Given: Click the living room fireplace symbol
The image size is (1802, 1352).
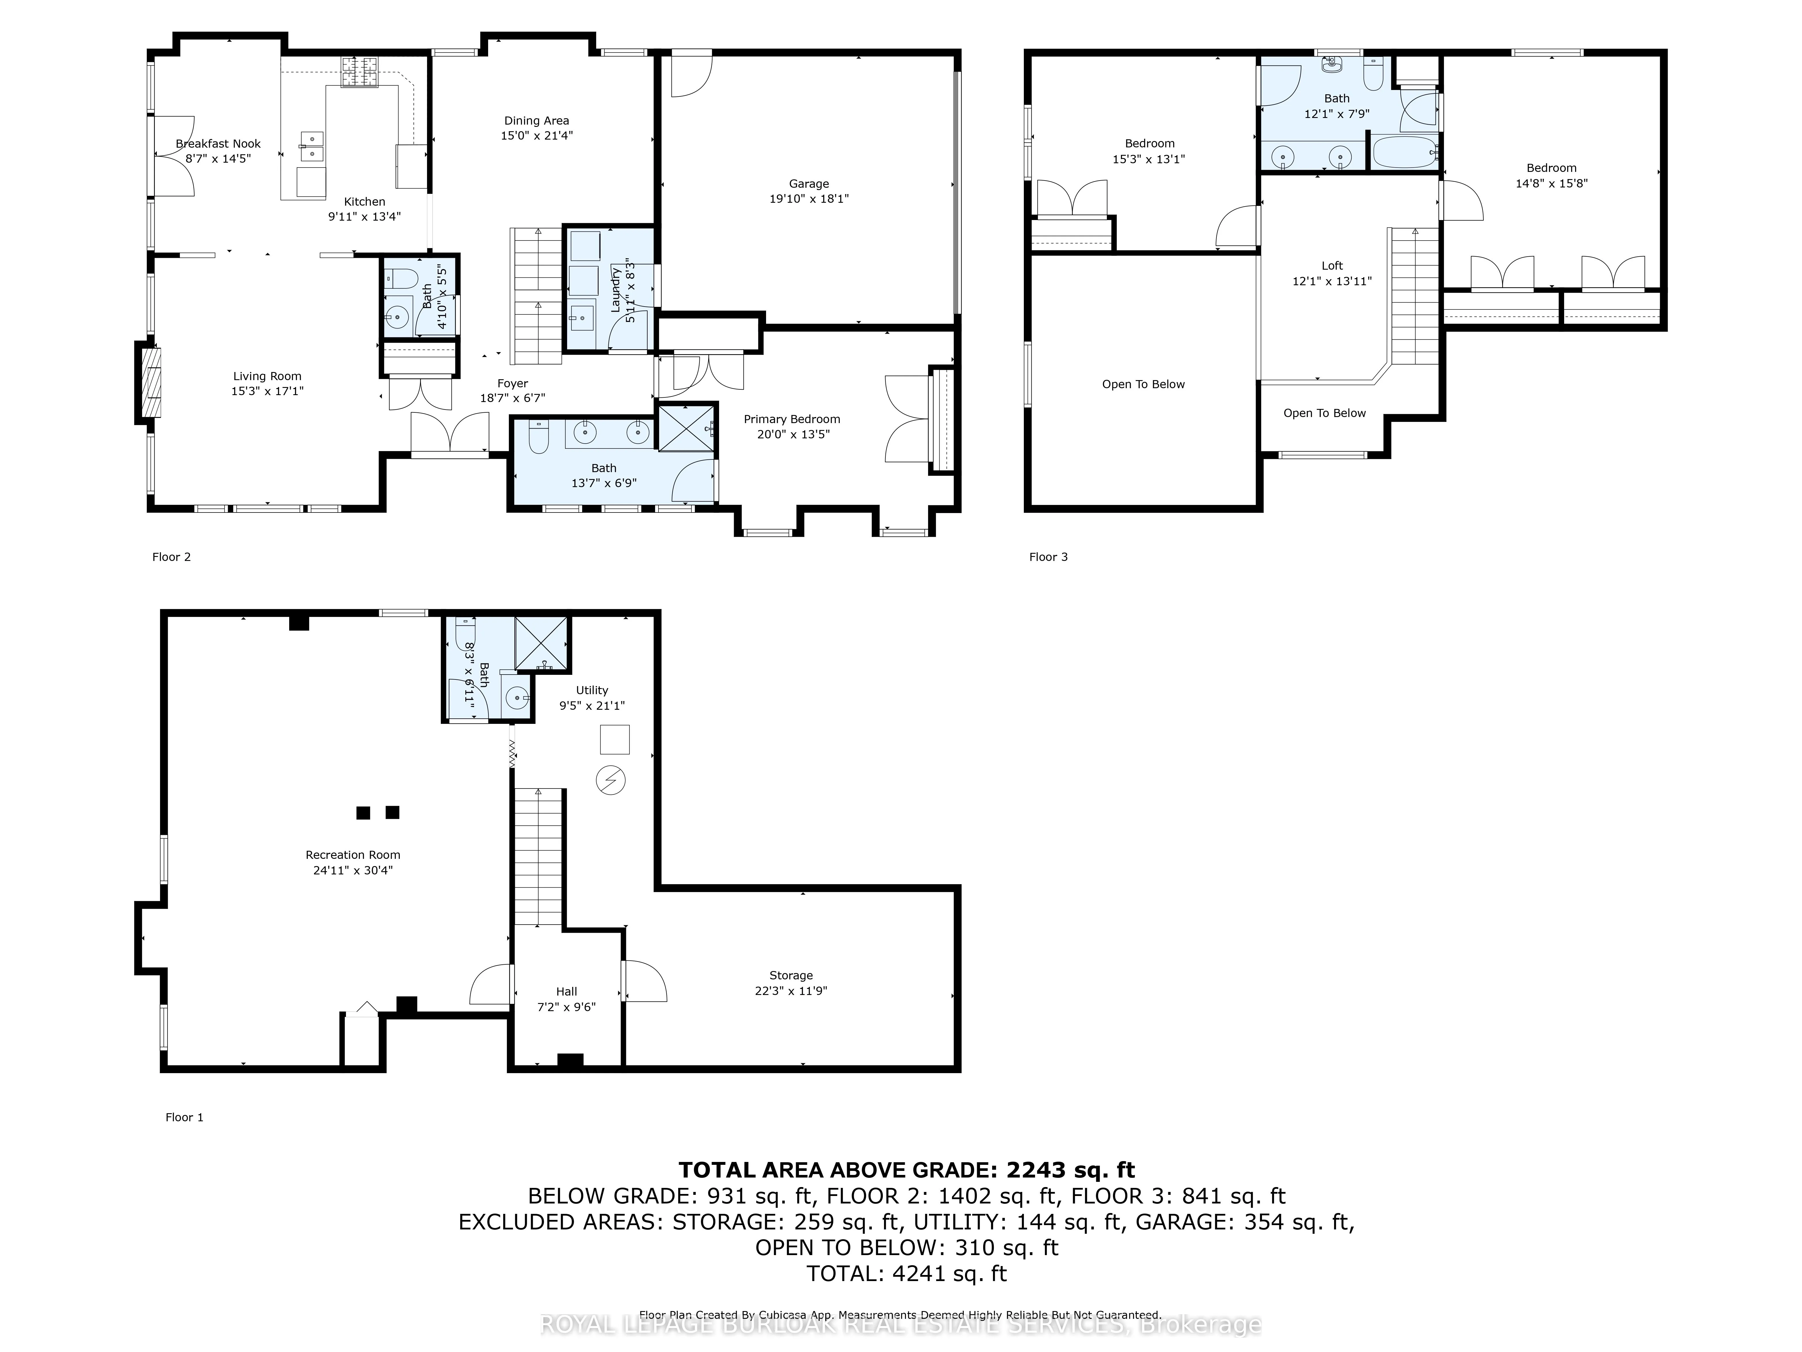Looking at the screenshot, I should coord(151,383).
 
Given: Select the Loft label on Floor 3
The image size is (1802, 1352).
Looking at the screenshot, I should coord(1332,266).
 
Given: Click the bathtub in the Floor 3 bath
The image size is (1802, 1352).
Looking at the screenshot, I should coord(1405,152).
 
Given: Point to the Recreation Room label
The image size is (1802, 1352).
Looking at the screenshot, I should coord(353,855).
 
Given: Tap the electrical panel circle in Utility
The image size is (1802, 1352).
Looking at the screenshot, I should coord(611,781).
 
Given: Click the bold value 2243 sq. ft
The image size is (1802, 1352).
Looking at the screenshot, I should coord(1071,1170).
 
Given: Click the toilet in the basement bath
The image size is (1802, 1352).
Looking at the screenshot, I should coord(465,633).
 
